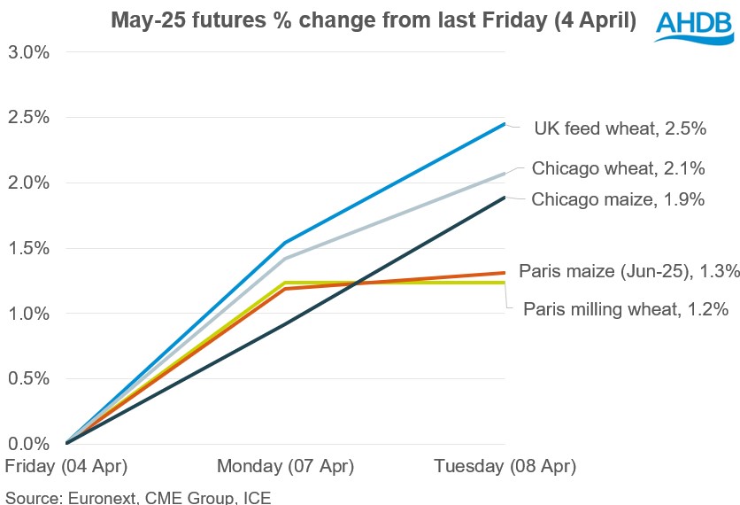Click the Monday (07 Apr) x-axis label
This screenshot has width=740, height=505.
pyautogui.click(x=285, y=466)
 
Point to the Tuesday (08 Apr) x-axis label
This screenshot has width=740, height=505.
pyautogui.click(x=505, y=466)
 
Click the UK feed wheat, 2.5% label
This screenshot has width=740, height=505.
pyautogui.click(x=620, y=129)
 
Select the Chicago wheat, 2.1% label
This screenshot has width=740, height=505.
pyautogui.click(x=618, y=169)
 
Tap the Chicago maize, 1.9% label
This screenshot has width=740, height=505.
pyautogui.click(x=618, y=199)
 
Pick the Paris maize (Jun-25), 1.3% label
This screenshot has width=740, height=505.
pyautogui.click(x=629, y=271)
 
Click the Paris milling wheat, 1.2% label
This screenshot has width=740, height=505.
pyautogui.click(x=626, y=309)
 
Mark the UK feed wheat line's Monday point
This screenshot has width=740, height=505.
pyautogui.click(x=285, y=243)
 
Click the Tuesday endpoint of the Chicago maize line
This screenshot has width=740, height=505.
pyautogui.click(x=505, y=198)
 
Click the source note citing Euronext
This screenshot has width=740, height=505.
pyautogui.click(x=137, y=496)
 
